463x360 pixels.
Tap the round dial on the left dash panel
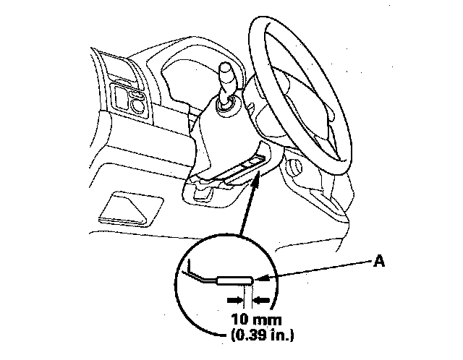click(x=136, y=105)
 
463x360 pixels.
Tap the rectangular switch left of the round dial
click(x=119, y=95)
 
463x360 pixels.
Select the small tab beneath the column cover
click(x=203, y=193)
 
